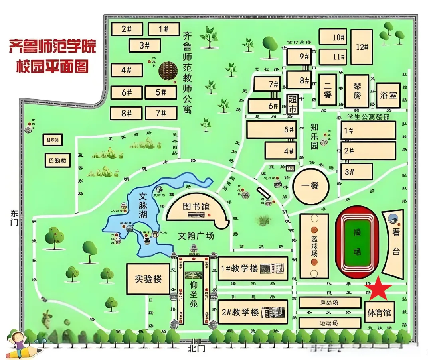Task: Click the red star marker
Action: tap(377, 288)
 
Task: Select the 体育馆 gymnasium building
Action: tap(380, 312)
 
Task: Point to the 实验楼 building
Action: tap(148, 279)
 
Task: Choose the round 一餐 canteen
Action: tap(311, 186)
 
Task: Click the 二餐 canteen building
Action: tap(327, 90)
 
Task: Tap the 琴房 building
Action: tap(356, 90)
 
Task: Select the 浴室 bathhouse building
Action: tap(388, 95)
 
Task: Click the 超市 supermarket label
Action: tap(293, 103)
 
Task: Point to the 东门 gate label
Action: tap(14, 217)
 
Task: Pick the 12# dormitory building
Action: tap(362, 47)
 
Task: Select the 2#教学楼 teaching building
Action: tap(253, 312)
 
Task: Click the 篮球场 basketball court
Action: tap(314, 246)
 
